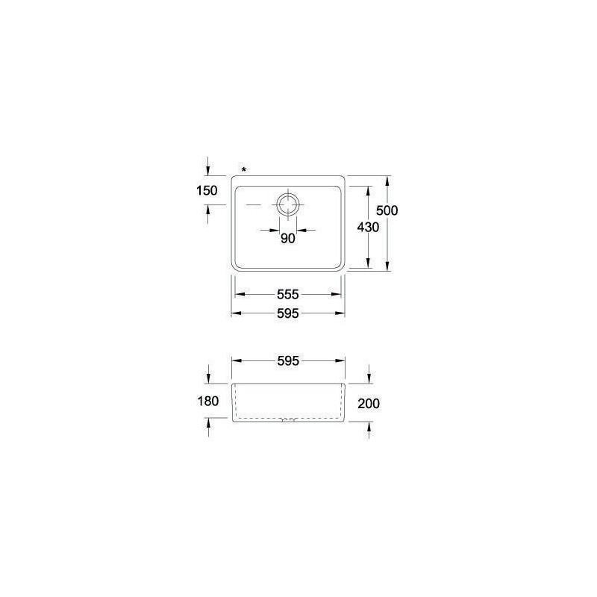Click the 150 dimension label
coord(207,190)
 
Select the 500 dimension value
coord(387,210)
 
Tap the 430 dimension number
coord(368,228)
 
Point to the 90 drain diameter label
coord(288,238)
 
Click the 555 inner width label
coord(288,294)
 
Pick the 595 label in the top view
coord(288,313)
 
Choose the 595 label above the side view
coord(288,361)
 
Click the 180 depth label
coord(208,401)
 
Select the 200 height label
coord(369,404)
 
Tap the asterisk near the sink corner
coord(244,170)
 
